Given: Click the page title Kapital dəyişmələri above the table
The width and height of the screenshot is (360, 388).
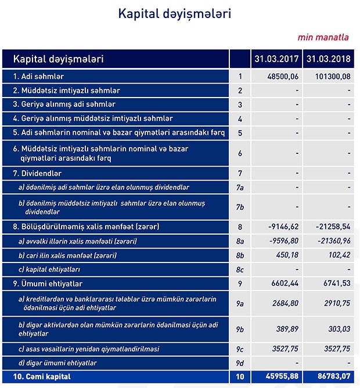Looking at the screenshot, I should (174, 13).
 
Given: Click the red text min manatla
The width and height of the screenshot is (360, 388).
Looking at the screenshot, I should (323, 37).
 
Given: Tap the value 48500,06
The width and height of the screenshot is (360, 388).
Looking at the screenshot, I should (282, 76).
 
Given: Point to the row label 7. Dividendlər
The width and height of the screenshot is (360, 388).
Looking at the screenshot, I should (37, 174).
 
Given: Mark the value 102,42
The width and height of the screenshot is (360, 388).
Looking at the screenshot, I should (338, 255).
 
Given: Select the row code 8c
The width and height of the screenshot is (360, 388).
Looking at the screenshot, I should (240, 270).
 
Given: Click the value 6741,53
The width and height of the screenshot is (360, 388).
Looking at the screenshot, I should (335, 284).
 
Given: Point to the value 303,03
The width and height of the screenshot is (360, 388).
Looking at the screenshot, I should (337, 328).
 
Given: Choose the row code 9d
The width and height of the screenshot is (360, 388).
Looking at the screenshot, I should (240, 363).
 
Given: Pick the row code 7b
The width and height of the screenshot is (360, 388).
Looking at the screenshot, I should (240, 207).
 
